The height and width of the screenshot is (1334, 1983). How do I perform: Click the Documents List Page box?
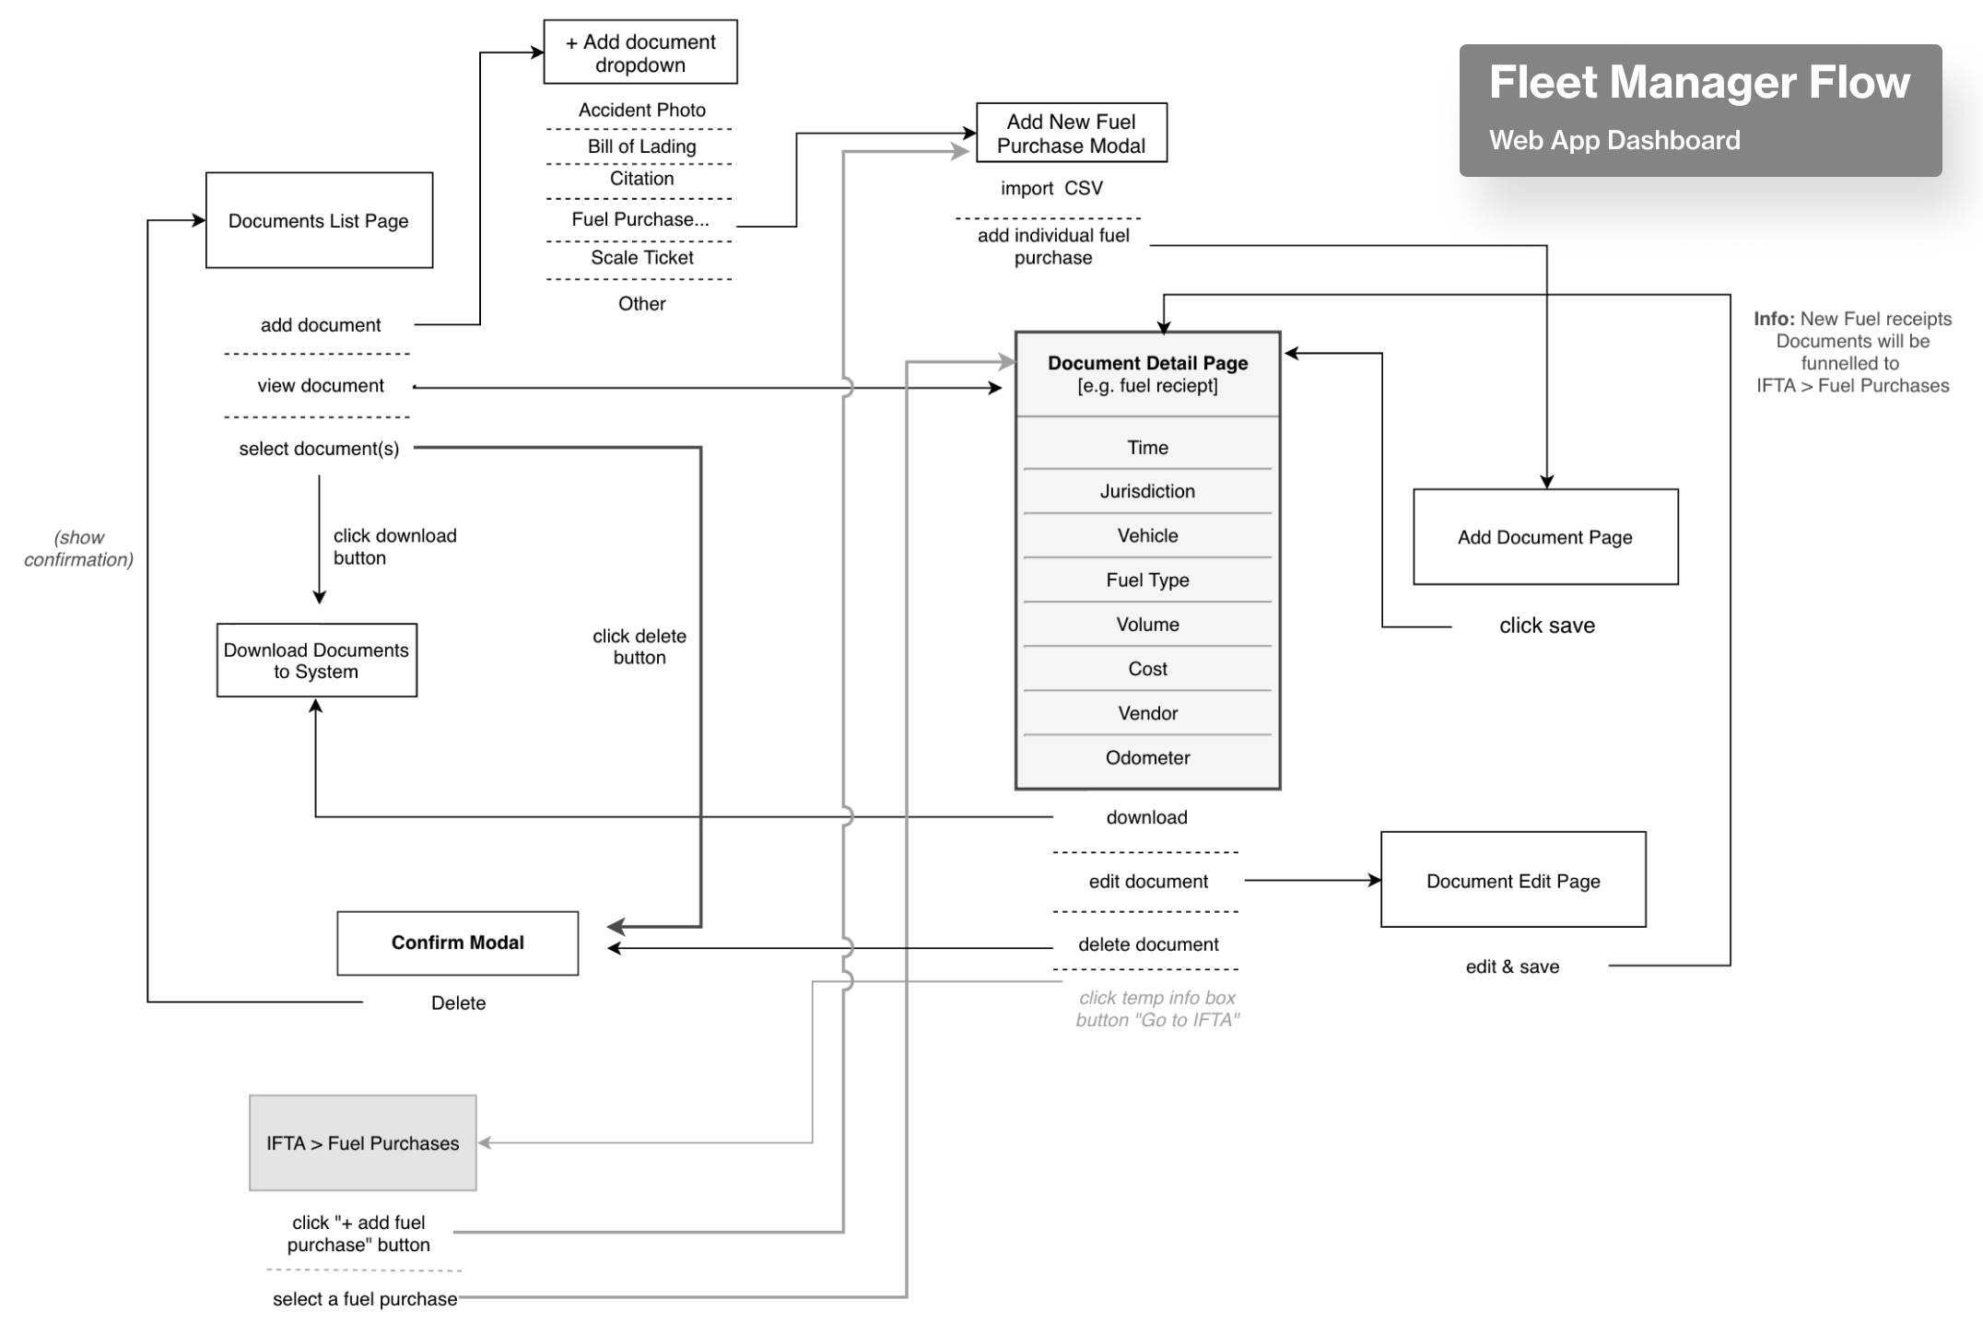pos(319,220)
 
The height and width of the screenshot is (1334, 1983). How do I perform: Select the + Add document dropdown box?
pos(639,53)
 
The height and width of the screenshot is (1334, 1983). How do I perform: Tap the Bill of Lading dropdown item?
pos(641,146)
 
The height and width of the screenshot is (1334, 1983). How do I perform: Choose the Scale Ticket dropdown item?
pos(641,258)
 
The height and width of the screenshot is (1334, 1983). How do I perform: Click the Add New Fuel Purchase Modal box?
pos(1071,133)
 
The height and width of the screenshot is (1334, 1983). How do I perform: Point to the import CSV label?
pos(1051,188)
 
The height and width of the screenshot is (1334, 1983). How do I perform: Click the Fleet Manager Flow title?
pos(1699,82)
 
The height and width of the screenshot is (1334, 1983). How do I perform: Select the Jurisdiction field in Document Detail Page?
pos(1147,491)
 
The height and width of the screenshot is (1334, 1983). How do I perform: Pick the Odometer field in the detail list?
pos(1147,757)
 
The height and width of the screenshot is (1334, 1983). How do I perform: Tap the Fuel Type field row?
pos(1147,579)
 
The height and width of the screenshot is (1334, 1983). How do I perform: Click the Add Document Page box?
pos(1545,537)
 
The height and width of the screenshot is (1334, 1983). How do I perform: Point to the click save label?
pos(1546,626)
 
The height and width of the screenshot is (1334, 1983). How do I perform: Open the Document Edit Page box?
pos(1513,881)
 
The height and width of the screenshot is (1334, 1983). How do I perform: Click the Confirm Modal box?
pos(457,942)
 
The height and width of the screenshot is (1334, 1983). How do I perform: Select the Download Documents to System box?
pos(316,661)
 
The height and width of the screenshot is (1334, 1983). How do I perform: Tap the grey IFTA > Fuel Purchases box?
pos(362,1143)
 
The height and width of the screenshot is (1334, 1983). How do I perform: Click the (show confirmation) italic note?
pos(78,548)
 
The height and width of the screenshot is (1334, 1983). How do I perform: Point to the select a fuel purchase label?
pos(365,1299)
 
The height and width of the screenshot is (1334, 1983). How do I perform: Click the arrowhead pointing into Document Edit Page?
pos(1375,881)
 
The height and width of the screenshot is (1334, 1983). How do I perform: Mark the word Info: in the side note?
pos(1774,319)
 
